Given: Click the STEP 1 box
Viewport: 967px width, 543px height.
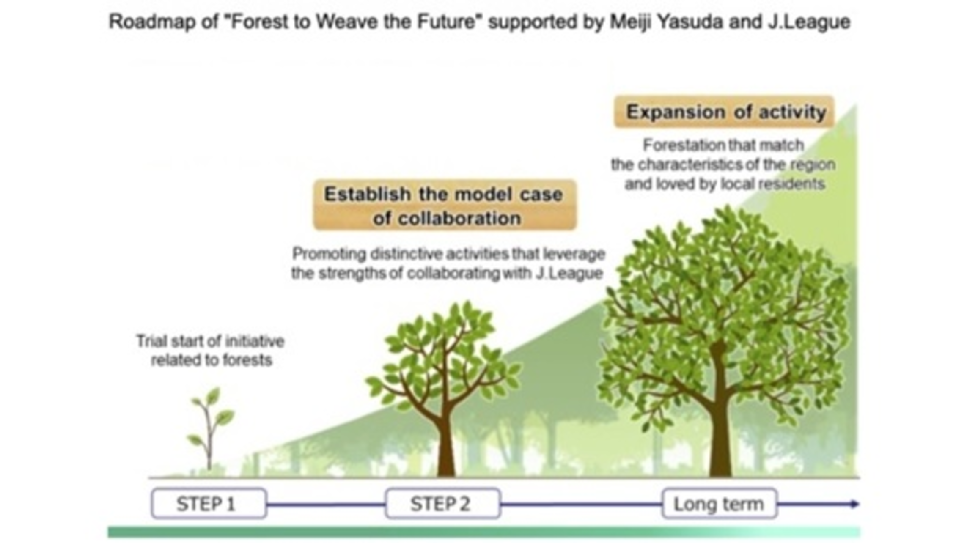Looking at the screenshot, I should (209, 503).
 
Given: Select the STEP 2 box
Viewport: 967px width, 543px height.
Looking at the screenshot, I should (443, 503).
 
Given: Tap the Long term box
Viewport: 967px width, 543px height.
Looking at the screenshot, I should (719, 503).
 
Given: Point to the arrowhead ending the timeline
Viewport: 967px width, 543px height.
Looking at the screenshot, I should (854, 504).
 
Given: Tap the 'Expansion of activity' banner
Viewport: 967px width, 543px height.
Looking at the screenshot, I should (724, 112).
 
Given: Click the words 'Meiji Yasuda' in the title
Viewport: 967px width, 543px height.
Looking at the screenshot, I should (666, 22).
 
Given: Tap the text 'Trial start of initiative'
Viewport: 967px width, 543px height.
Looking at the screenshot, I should (210, 341).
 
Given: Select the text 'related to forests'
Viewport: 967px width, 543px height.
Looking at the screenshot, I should (212, 360).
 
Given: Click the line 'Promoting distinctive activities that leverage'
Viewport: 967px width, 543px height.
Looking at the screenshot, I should (448, 254).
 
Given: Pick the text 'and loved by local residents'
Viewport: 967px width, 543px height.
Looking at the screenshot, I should (725, 184).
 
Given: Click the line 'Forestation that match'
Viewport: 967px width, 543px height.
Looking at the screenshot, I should (723, 145).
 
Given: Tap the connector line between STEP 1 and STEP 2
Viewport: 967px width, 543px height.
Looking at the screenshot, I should (326, 504).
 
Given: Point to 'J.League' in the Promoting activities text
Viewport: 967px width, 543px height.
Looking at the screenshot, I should (569, 274).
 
